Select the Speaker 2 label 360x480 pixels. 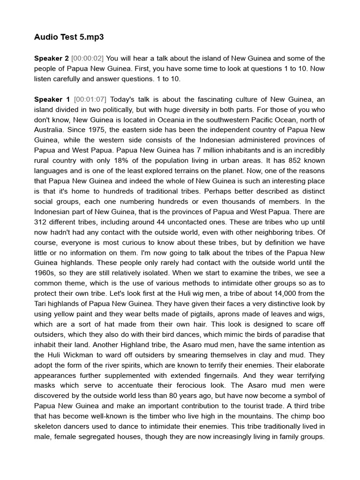51,59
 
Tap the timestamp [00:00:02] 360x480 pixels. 88,59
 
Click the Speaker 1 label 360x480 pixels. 52,99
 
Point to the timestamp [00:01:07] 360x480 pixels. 90,99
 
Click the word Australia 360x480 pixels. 50,130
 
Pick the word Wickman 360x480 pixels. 78,355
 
